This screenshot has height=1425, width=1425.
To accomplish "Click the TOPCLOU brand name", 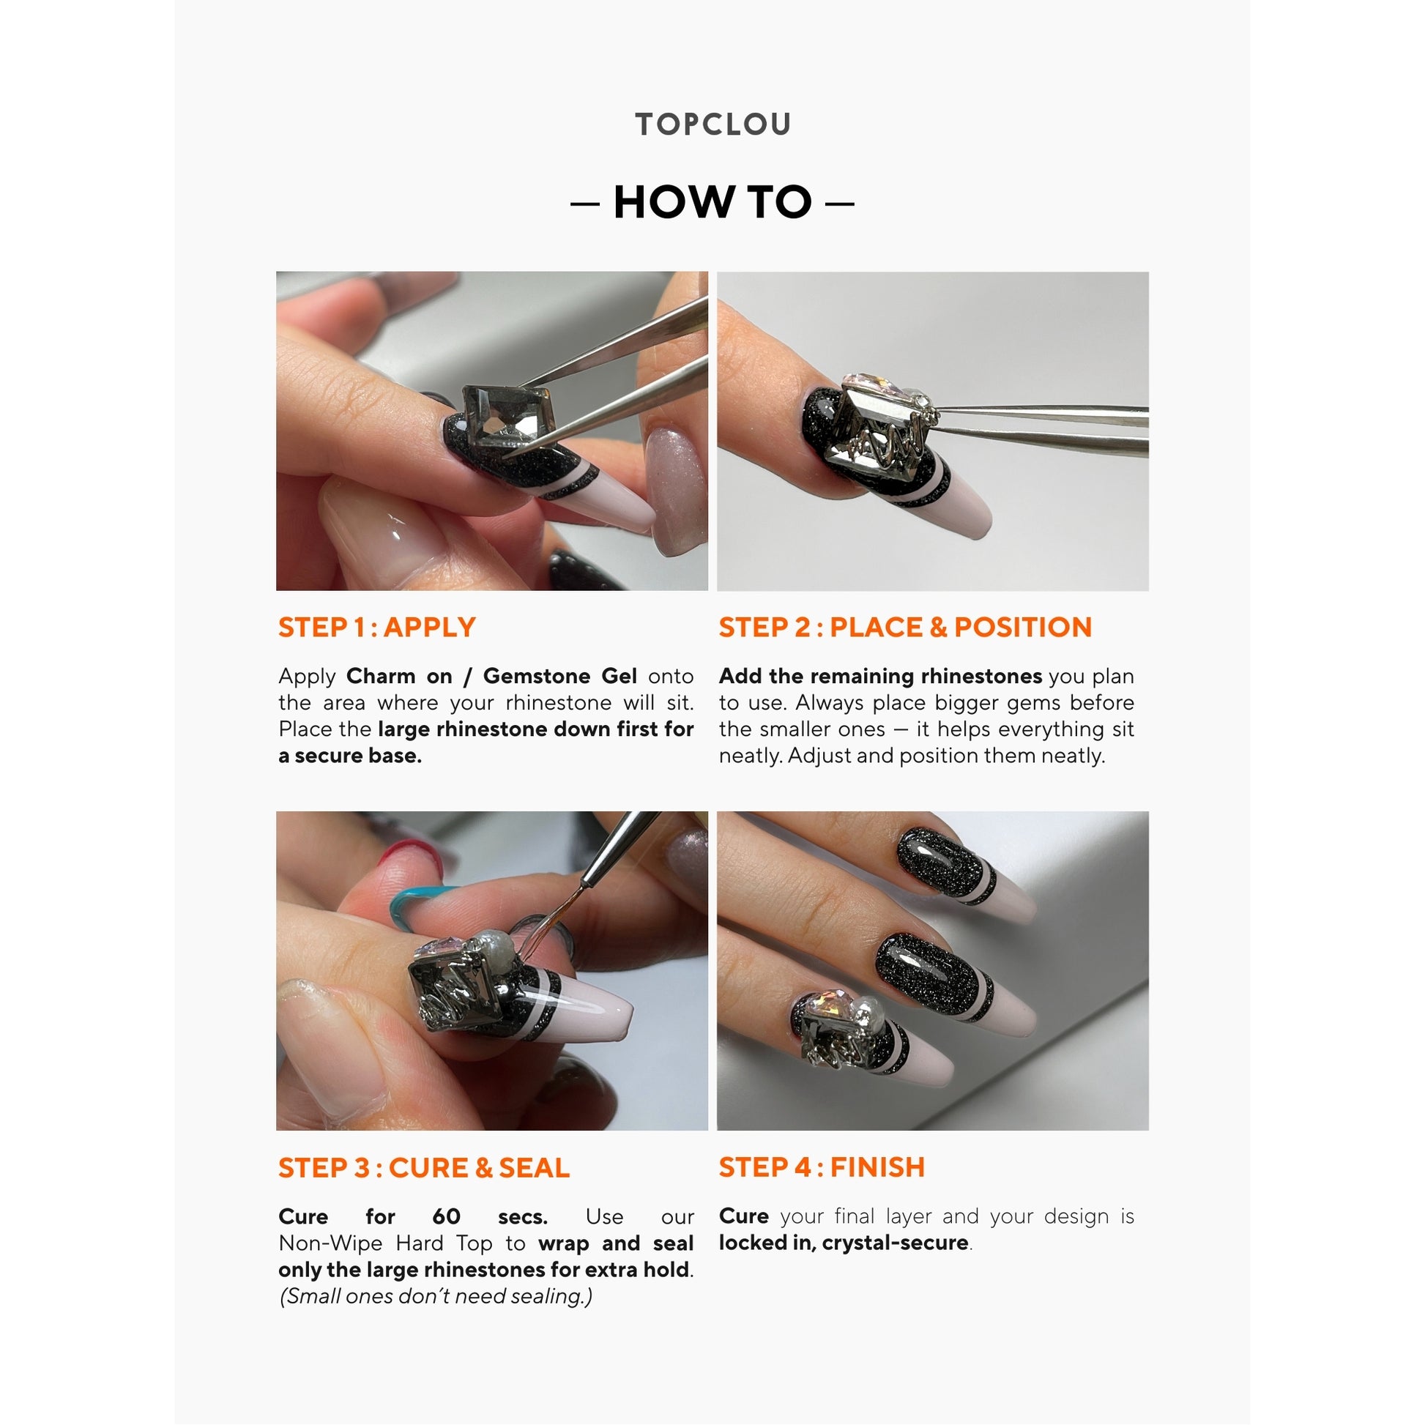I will pos(712,124).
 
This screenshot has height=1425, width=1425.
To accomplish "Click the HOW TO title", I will pos(712,202).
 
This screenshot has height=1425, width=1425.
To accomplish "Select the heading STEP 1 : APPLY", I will pos(377,627).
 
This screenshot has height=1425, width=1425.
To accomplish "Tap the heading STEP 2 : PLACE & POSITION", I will pos(905,627).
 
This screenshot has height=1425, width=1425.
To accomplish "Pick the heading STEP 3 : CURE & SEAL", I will pos(423,1167).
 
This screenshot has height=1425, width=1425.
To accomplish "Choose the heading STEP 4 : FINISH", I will pos(821,1167).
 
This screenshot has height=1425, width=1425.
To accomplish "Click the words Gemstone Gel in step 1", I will pos(559,676).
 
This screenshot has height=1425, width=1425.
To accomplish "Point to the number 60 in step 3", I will pos(445,1216).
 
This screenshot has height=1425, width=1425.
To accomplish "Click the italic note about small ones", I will pos(435,1296).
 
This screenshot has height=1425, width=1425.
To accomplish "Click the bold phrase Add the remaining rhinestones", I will pos(880,676).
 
